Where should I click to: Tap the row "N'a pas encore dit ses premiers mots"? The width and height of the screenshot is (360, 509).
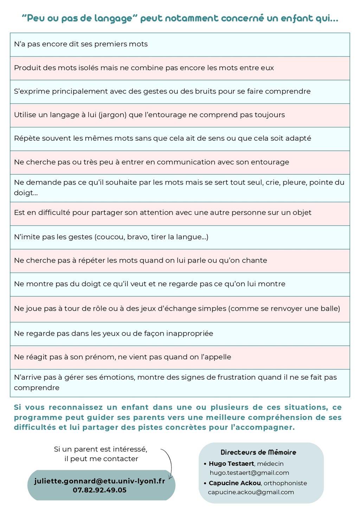pos(81,44)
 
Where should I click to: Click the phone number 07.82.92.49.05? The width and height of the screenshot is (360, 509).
pos(100,490)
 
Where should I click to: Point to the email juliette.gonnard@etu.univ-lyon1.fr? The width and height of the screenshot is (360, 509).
pos(100,481)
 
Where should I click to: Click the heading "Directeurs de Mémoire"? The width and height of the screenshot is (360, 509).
pos(258,452)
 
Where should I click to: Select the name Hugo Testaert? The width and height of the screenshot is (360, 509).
pos(232,464)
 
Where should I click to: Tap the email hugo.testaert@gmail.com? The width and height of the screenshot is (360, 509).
pos(249,473)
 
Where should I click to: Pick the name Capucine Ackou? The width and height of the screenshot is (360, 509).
pos(234,483)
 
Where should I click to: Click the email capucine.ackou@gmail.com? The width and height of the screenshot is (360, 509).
pos(251,492)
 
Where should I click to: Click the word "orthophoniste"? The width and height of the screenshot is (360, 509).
pos(285,483)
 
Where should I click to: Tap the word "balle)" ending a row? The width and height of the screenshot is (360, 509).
pos(330,309)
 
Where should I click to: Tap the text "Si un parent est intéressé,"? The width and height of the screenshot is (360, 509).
pos(101,449)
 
